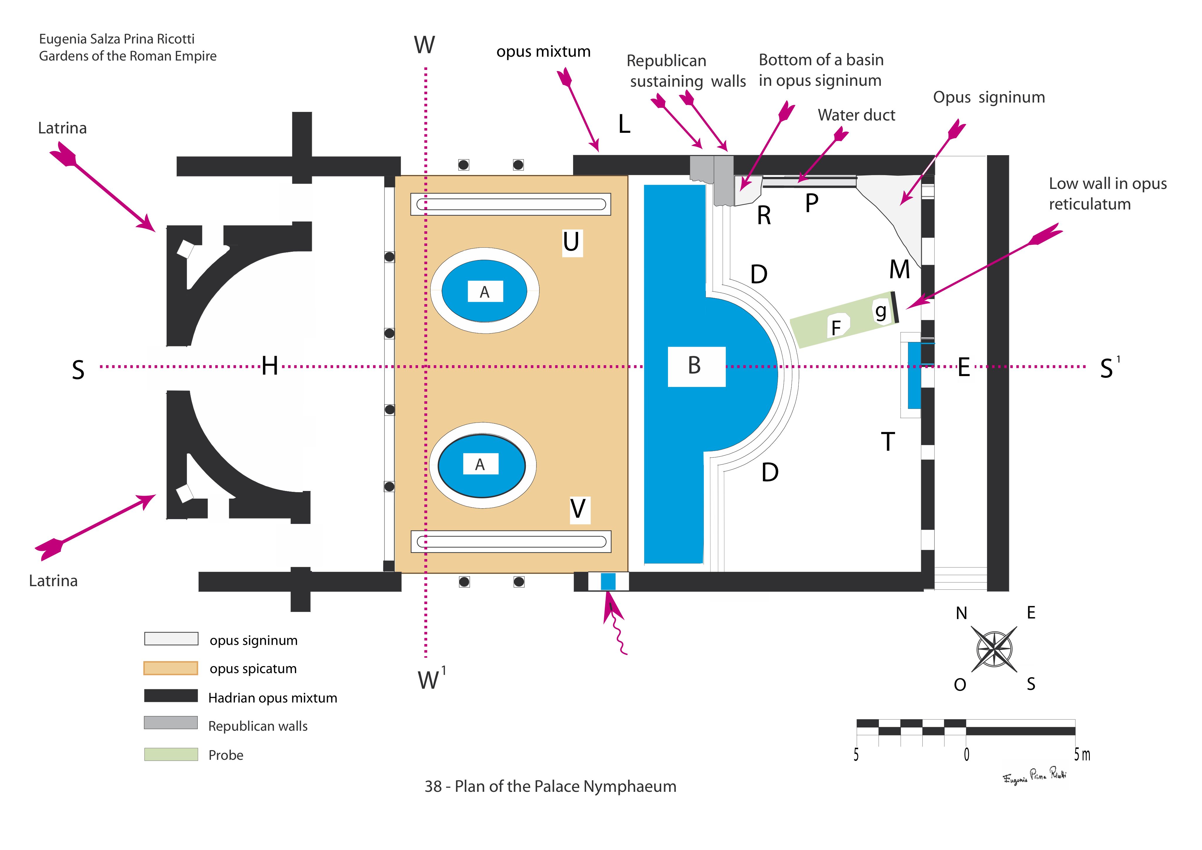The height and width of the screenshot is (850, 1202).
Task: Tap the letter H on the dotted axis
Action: point(270,366)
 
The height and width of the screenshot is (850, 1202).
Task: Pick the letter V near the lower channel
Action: point(578,509)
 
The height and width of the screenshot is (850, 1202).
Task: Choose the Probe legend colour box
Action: point(171,755)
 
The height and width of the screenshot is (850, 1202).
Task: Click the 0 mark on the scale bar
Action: point(966,755)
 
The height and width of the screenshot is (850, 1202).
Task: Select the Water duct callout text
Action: point(857,115)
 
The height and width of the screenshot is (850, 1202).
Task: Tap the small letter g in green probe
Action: point(881,312)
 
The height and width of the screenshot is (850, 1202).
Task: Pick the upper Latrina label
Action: point(62,128)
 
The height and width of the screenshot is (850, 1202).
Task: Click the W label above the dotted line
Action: point(424,46)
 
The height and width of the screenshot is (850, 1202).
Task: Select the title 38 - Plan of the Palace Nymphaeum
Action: point(550,787)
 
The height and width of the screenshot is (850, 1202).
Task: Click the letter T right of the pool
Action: point(888,442)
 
